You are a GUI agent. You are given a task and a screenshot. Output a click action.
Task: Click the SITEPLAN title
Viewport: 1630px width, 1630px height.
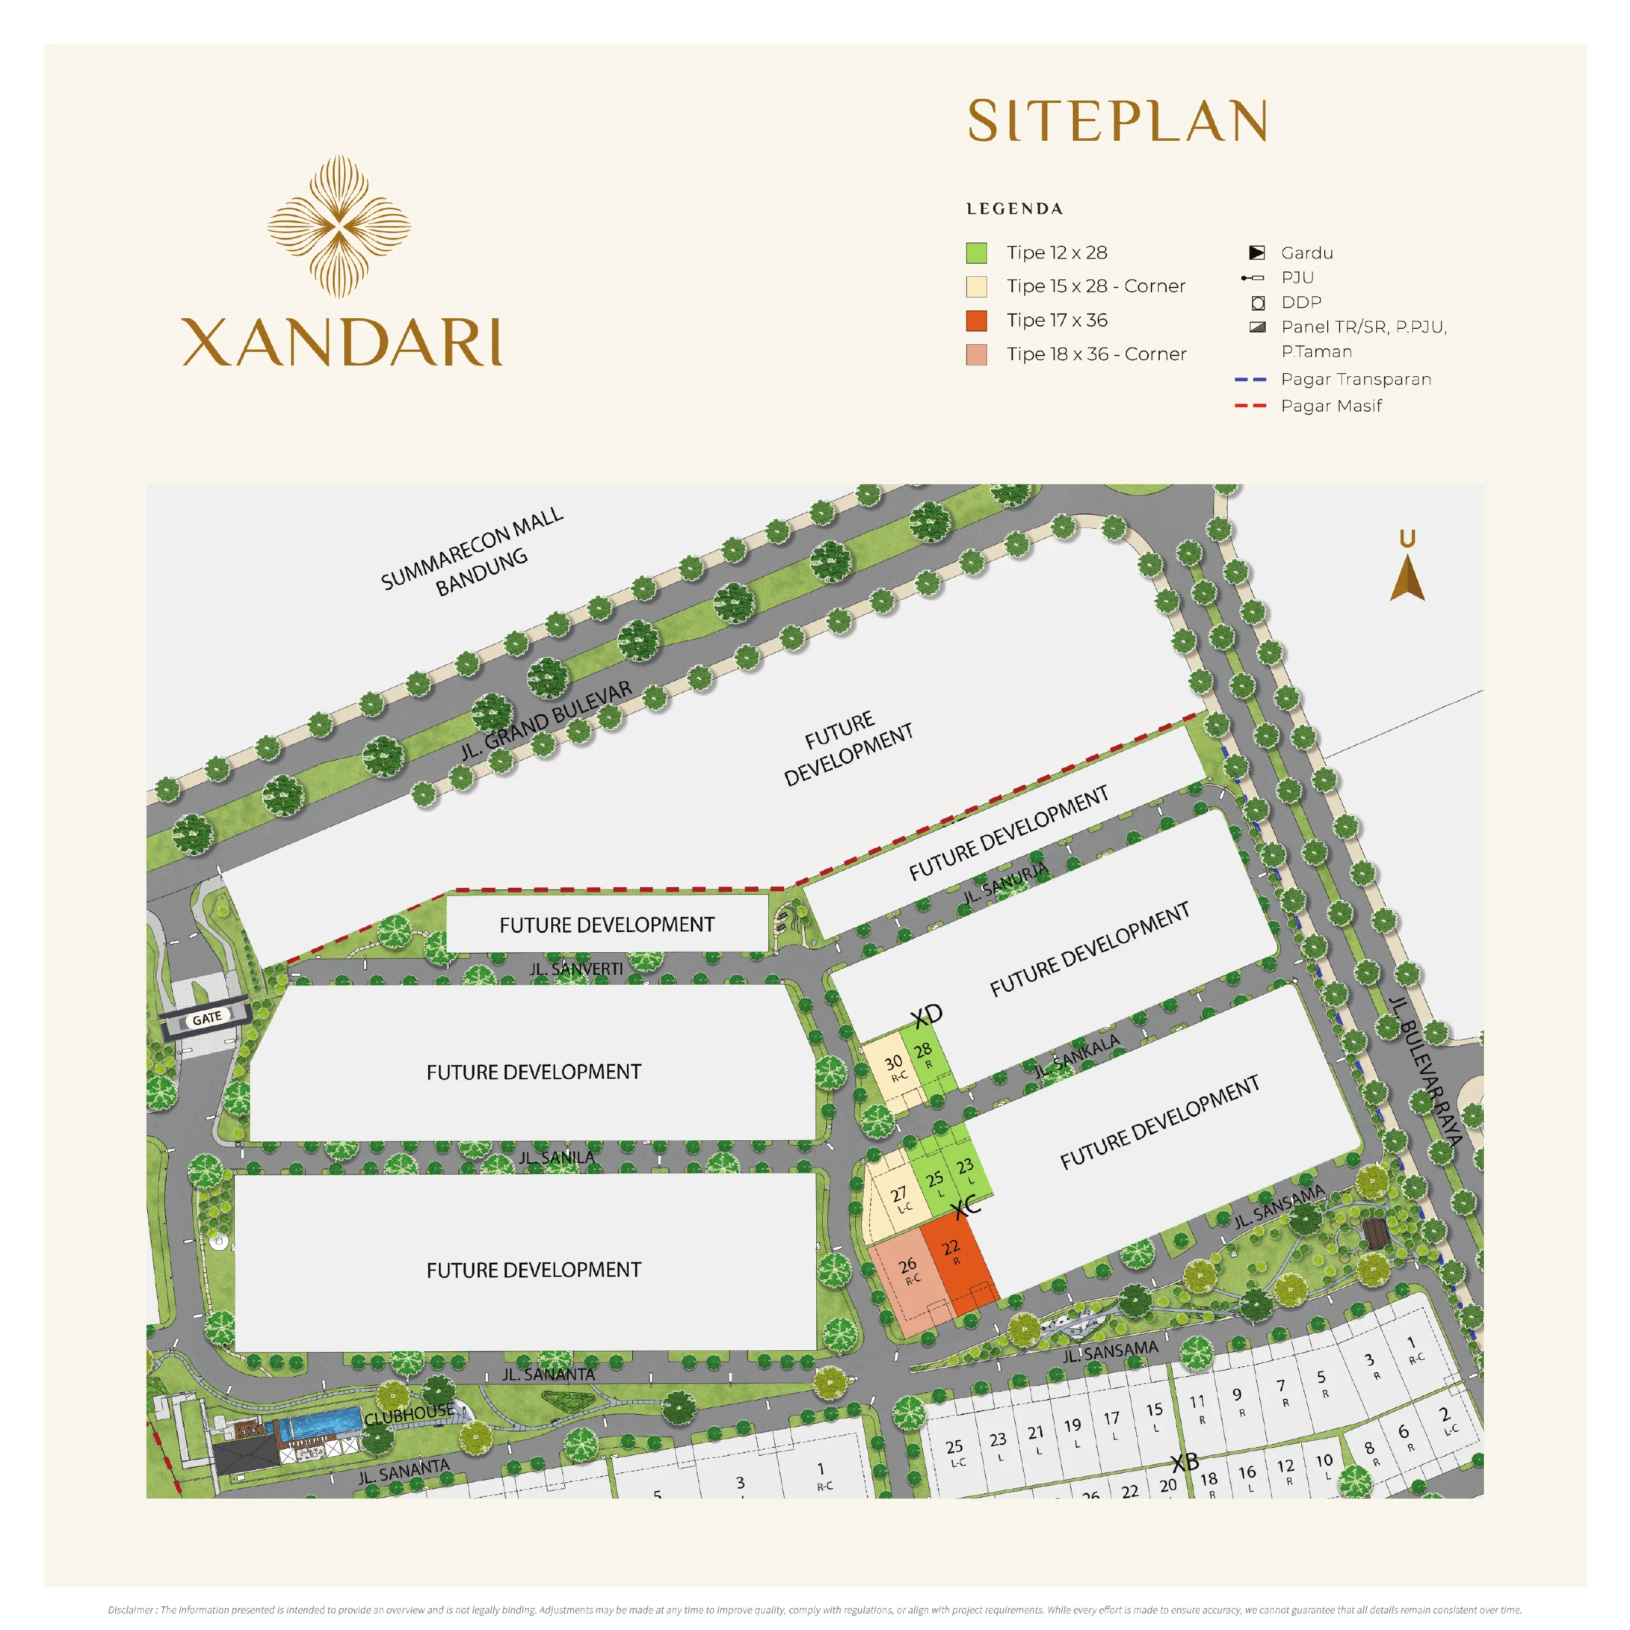point(1117,121)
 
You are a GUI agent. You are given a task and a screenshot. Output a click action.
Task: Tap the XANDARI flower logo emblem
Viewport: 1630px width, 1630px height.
point(339,226)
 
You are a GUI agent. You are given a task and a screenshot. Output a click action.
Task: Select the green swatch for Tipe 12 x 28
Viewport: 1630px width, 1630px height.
point(976,253)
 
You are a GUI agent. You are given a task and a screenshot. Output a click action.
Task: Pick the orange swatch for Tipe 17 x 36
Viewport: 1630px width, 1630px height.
point(976,321)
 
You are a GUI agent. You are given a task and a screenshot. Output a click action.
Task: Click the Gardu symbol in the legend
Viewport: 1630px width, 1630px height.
point(1256,253)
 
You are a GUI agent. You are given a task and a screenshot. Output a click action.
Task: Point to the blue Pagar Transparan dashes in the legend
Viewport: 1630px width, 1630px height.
point(1250,380)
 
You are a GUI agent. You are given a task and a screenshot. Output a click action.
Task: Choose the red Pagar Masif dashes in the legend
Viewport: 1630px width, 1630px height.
point(1250,406)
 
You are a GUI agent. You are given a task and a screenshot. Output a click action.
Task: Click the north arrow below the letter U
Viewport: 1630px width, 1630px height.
point(1407,580)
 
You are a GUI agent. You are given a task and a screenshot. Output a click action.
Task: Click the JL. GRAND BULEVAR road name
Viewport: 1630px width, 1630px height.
point(546,720)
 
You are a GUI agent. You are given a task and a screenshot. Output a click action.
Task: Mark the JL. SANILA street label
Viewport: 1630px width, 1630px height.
point(556,1157)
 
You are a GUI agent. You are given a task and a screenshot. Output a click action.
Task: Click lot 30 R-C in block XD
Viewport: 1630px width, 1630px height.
point(894,1068)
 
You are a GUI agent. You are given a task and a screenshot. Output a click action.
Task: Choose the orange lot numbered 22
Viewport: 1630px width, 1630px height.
point(953,1254)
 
